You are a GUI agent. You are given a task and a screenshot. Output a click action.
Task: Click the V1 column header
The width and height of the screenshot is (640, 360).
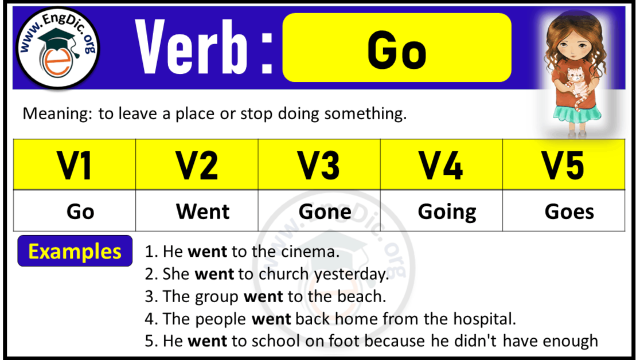(75, 165)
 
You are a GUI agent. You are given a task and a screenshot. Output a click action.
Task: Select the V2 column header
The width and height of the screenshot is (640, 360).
(197, 165)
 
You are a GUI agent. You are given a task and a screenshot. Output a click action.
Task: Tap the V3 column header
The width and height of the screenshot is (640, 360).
(319, 165)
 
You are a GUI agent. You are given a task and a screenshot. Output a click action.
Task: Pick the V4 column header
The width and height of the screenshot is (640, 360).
(441, 165)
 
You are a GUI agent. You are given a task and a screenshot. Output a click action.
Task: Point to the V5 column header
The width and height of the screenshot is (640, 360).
(564, 165)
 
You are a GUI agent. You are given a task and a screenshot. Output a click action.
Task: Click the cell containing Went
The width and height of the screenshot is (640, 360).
(203, 212)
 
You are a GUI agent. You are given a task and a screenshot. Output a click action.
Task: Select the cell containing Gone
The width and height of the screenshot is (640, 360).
(325, 212)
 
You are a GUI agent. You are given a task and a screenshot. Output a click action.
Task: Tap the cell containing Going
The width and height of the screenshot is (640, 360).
(447, 212)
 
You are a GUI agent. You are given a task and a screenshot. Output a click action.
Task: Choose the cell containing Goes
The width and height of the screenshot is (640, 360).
(569, 212)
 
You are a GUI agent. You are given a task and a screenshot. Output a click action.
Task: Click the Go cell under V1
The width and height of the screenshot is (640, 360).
(80, 212)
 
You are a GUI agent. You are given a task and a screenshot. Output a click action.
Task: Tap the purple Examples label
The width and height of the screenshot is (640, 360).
(75, 251)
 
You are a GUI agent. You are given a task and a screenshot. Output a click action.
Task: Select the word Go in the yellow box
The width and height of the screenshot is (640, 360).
(397, 50)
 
